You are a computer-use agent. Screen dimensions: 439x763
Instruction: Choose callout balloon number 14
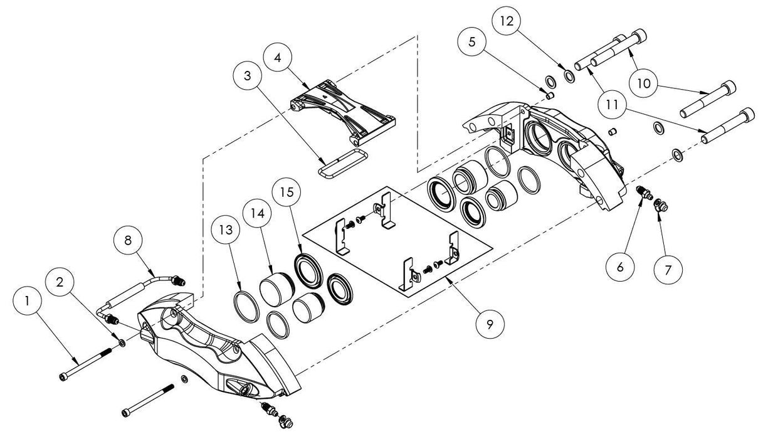(260, 213)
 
